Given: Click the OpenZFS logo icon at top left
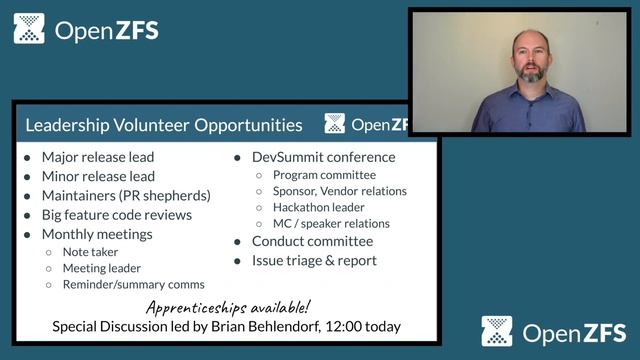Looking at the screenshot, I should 29,29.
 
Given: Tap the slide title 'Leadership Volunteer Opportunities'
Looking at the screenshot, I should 163,125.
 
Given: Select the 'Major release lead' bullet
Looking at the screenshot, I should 98,157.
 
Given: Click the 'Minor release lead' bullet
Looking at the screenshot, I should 98,176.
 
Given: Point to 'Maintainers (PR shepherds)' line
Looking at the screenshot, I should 126,195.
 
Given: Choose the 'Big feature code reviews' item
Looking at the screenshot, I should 116,214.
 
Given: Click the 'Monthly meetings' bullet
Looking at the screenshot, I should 98,233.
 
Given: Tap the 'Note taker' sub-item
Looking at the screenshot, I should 90,252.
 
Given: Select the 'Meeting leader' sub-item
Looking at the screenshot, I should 102,268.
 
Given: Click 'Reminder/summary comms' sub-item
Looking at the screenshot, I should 133,285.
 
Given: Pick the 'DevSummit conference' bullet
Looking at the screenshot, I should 323,157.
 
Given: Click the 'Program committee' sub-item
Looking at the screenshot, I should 324,175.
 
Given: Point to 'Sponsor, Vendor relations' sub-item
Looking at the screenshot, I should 339,191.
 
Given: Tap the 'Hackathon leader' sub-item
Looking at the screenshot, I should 319,207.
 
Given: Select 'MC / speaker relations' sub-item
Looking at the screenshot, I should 331,223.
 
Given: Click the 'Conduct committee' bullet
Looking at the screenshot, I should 312,241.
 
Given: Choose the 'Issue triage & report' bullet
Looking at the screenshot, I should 314,260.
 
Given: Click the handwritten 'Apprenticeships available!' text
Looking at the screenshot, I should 228,307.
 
